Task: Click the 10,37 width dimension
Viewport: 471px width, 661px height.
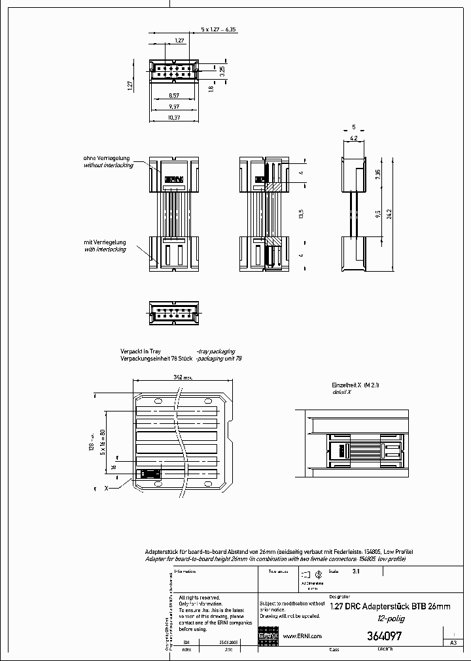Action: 174,117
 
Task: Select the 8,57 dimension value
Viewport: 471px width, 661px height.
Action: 174,95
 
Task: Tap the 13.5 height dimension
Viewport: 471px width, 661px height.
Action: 301,214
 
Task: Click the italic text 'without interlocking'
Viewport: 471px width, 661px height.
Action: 108,165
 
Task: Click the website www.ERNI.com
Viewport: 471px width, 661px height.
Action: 302,636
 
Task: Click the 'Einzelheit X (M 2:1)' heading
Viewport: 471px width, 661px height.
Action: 356,385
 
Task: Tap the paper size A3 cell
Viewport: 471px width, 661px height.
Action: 453,643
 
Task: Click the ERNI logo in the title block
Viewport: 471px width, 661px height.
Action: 270,636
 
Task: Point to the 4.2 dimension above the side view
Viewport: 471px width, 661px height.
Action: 353,138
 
